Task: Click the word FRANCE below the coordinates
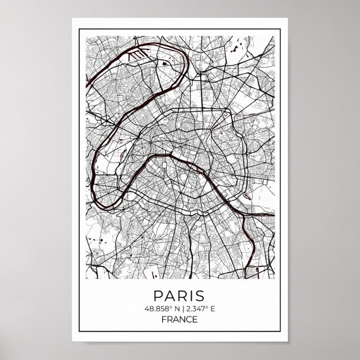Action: coord(180,320)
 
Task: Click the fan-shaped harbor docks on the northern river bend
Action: coord(134,56)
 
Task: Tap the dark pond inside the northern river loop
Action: coord(165,63)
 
